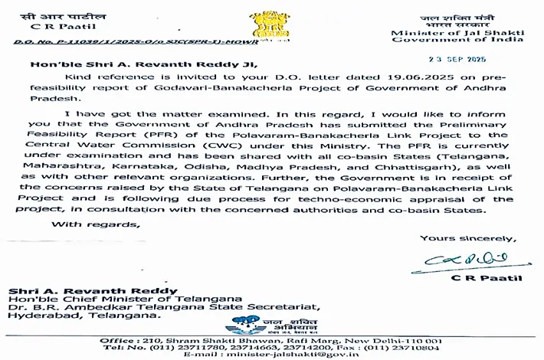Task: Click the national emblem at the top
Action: (x=271, y=22)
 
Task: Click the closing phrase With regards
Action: (x=96, y=224)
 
